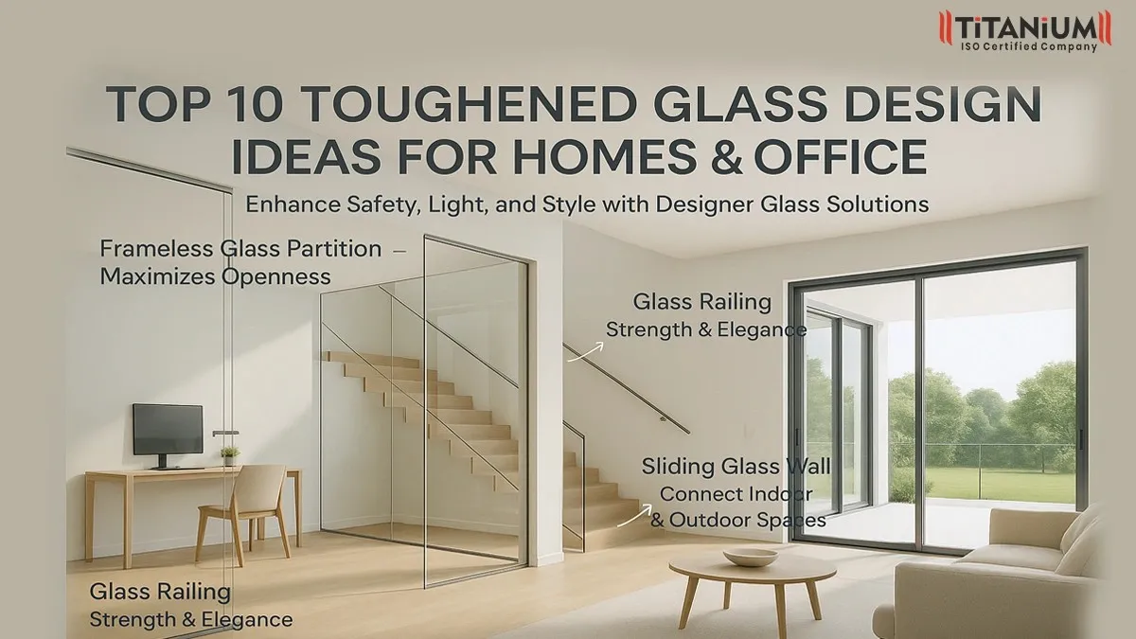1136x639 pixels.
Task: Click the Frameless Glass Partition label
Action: (x=240, y=249)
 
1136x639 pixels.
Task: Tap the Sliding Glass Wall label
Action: (x=736, y=466)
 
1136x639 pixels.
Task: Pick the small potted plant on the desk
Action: (x=229, y=455)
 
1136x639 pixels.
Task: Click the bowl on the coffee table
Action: (x=750, y=557)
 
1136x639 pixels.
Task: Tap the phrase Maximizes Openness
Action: (x=216, y=276)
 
